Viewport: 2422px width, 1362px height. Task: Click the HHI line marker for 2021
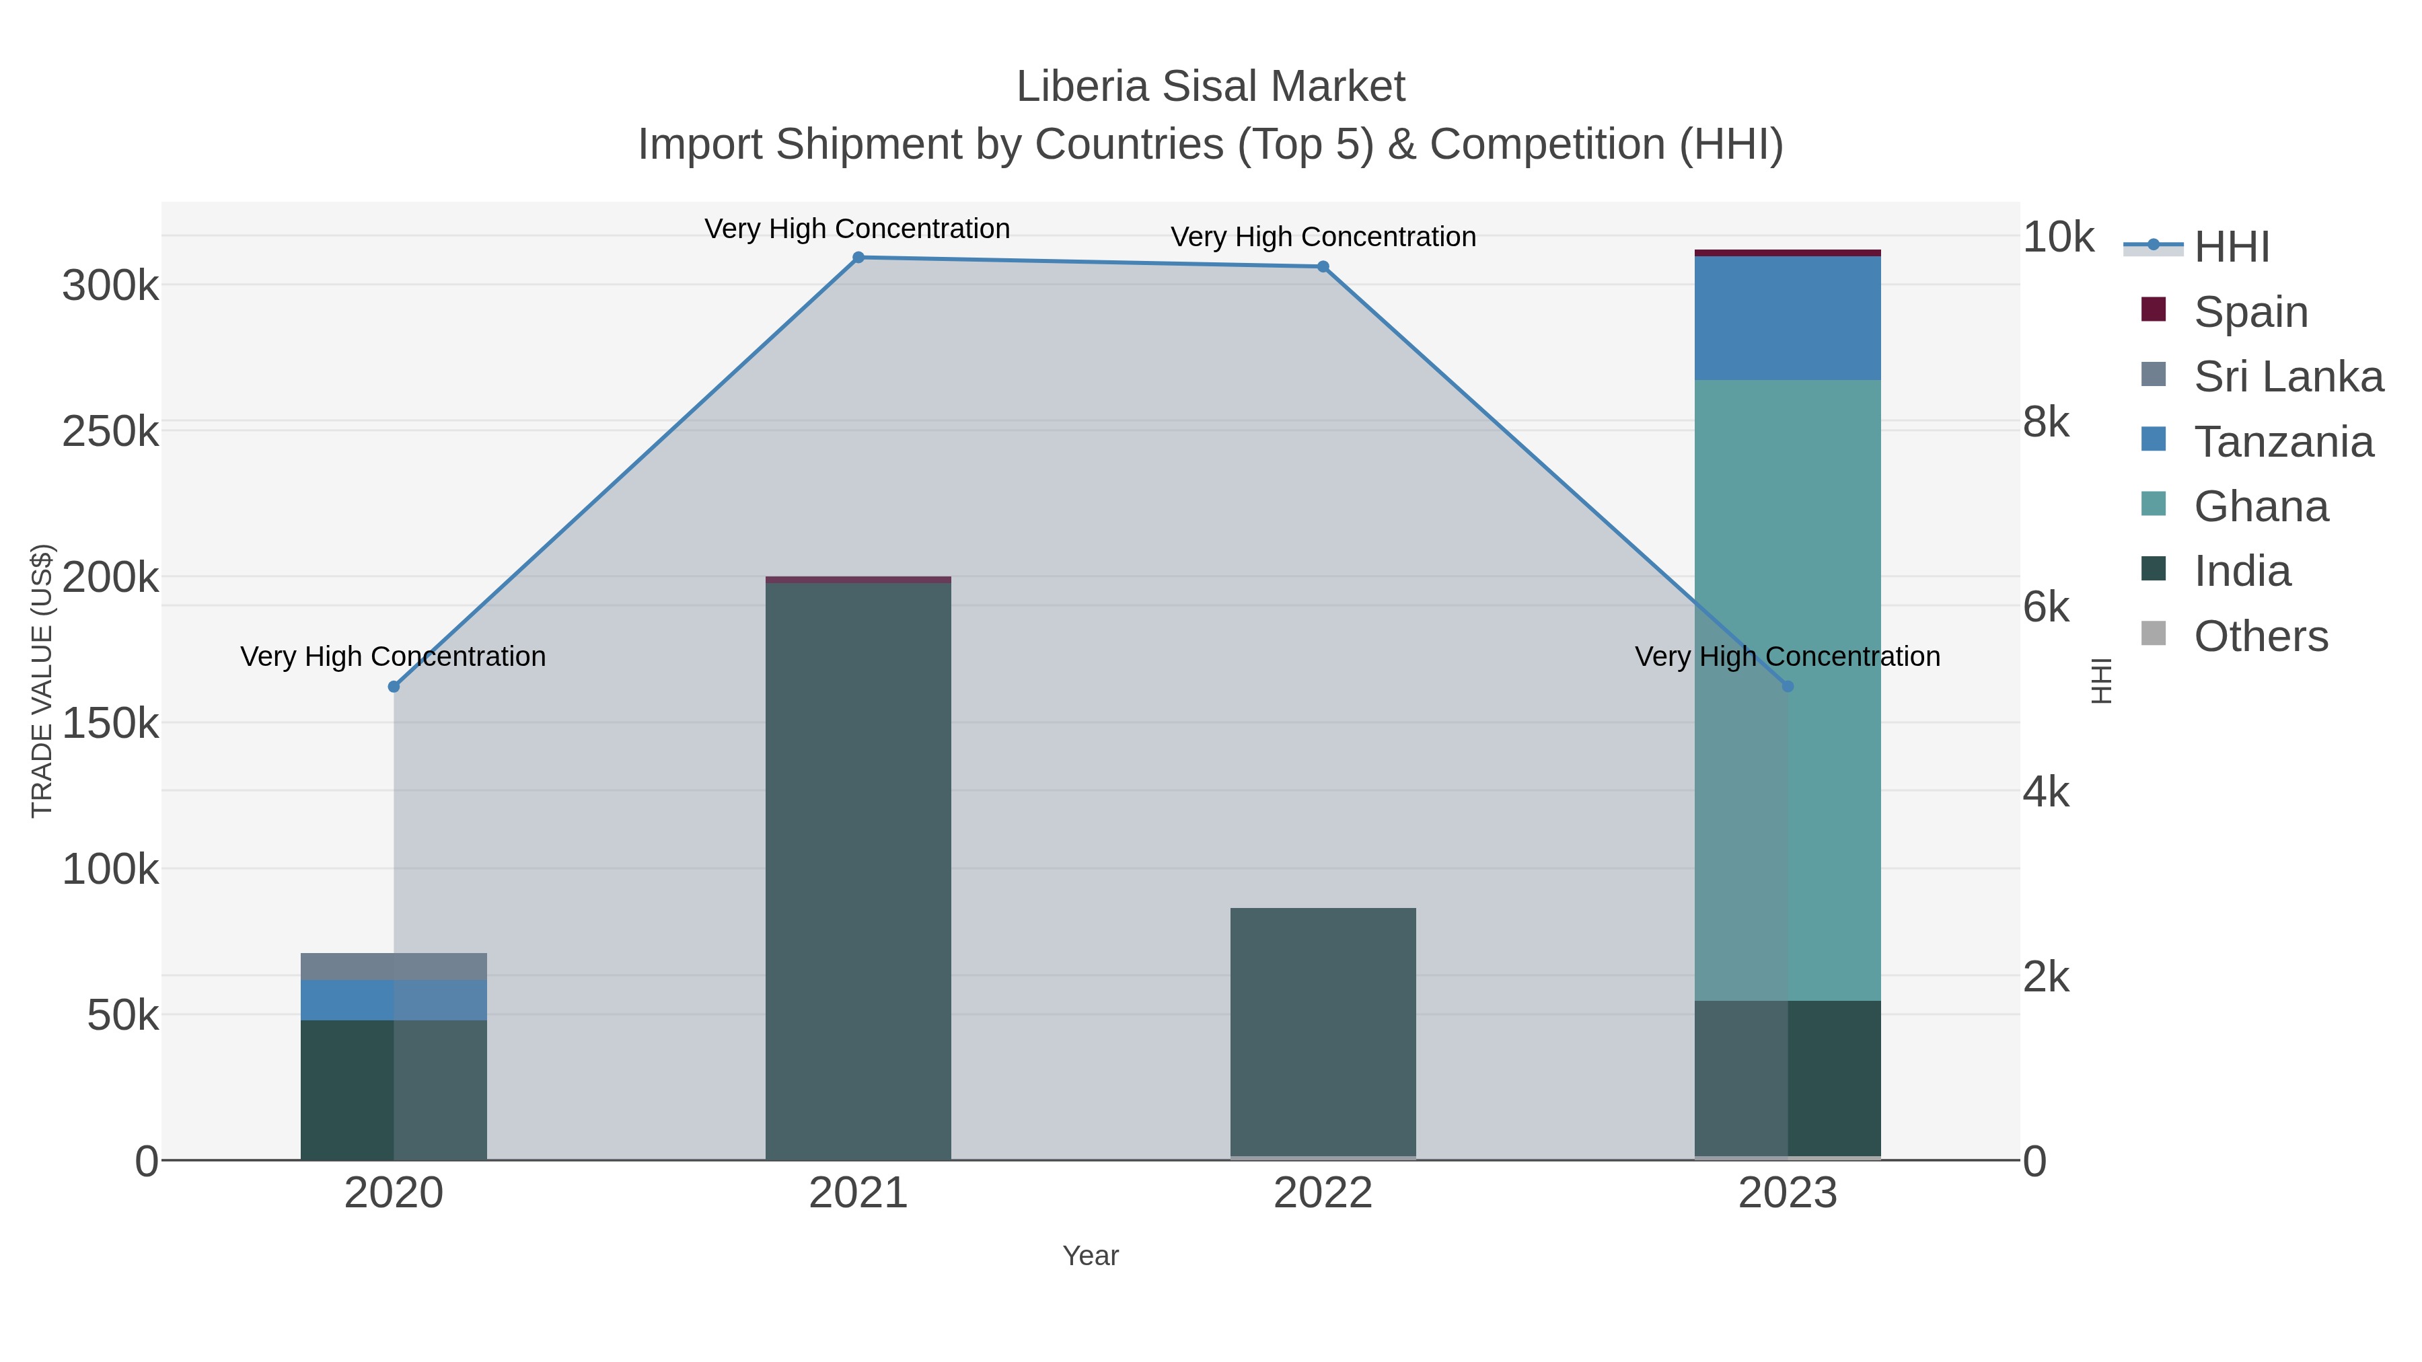pyautogui.click(x=858, y=258)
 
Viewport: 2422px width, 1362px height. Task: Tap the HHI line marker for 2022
pyautogui.click(x=1322, y=267)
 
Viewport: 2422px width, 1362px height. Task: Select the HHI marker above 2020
pyautogui.click(x=394, y=687)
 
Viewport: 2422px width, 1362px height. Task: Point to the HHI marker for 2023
pyautogui.click(x=1788, y=687)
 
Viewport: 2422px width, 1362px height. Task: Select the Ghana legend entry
pyautogui.click(x=2261, y=506)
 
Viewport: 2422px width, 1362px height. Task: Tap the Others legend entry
pyautogui.click(x=2261, y=636)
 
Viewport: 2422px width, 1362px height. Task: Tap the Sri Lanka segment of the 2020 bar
pyautogui.click(x=394, y=967)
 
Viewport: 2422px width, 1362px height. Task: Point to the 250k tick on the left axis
pyautogui.click(x=110, y=431)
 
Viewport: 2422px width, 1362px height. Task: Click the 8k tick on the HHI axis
pyautogui.click(x=2046, y=422)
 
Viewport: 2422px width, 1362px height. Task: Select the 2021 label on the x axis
pyautogui.click(x=858, y=1193)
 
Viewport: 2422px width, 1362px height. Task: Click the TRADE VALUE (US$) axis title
pyautogui.click(x=42, y=681)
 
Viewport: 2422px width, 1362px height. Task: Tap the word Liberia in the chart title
pyautogui.click(x=1081, y=87)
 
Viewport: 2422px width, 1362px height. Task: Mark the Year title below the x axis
pyautogui.click(x=1090, y=1256)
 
